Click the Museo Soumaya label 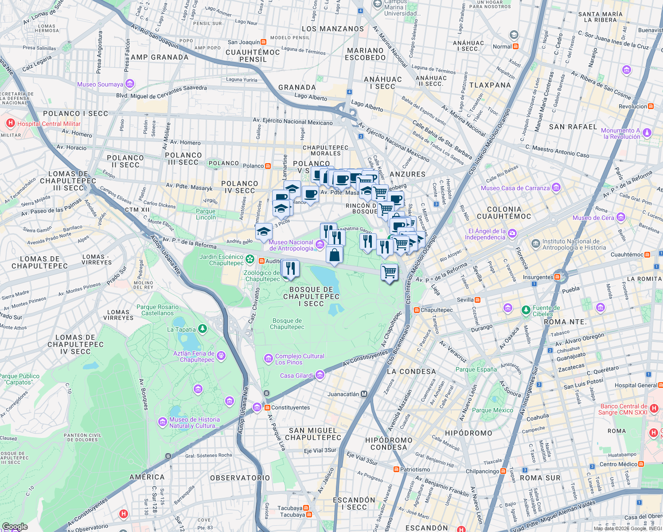pyautogui.click(x=100, y=84)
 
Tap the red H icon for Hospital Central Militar pyautogui.click(x=10, y=123)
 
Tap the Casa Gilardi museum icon pyautogui.click(x=320, y=376)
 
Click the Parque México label pyautogui.click(x=492, y=410)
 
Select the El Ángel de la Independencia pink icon pyautogui.click(x=512, y=233)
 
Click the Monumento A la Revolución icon pyautogui.click(x=647, y=133)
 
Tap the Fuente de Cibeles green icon pyautogui.click(x=526, y=310)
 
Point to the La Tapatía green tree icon pyautogui.click(x=203, y=329)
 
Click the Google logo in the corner pyautogui.click(x=15, y=526)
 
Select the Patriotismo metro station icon pyautogui.click(x=396, y=469)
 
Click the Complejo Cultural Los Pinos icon pyautogui.click(x=268, y=358)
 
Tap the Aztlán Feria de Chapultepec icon pyautogui.click(x=221, y=356)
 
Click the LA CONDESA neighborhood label pyautogui.click(x=411, y=372)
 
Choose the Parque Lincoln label pyautogui.click(x=206, y=214)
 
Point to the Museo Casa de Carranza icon pyautogui.click(x=556, y=188)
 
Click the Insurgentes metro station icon pyautogui.click(x=557, y=277)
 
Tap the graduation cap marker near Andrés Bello pyautogui.click(x=264, y=232)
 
